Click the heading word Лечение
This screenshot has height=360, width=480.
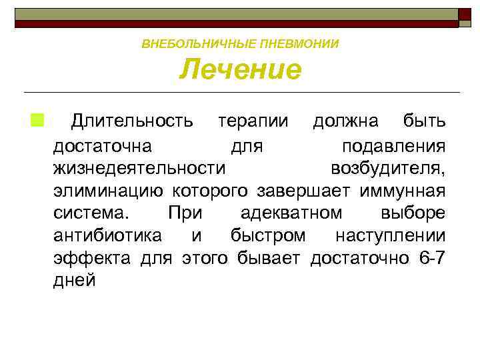pos(240,70)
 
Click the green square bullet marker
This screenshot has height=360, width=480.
pos(35,121)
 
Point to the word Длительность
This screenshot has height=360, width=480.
pos(133,121)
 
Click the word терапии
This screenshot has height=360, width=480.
pos(254,121)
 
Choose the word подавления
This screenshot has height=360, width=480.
pos(393,145)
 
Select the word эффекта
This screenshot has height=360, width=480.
pos(93,258)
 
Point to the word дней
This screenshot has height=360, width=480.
pos(75,281)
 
